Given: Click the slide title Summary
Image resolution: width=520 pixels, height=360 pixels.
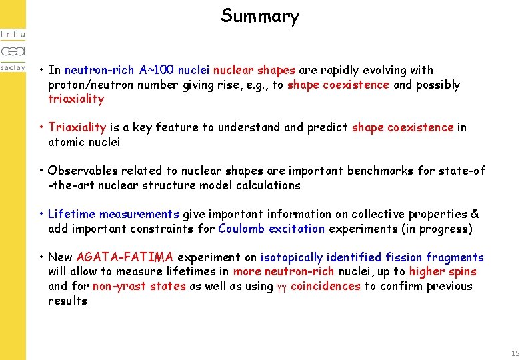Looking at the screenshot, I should [260, 16].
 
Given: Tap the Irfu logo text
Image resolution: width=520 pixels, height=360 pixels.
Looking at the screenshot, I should [13, 34].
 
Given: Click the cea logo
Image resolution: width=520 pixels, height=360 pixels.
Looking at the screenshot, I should [13, 51].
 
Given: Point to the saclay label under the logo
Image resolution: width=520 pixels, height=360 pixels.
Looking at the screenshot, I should [13, 67].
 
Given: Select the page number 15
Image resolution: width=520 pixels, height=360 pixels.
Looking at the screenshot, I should [514, 353].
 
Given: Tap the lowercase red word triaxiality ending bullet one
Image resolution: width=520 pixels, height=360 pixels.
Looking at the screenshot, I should [76, 99].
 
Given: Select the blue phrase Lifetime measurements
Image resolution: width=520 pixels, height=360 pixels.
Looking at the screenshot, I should [113, 214].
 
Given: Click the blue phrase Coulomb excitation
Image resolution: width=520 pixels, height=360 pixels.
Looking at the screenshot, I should [271, 229].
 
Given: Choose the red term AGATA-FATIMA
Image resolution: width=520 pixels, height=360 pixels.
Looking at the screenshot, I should [125, 257].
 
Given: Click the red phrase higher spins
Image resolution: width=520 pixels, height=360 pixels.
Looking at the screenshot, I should [443, 272].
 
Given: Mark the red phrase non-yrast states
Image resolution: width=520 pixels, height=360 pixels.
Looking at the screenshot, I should [139, 287].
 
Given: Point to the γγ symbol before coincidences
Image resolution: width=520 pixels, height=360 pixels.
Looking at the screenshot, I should [281, 287].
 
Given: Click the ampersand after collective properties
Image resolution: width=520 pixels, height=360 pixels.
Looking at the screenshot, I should [474, 214].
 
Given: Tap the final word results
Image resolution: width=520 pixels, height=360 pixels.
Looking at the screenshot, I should [67, 301].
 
